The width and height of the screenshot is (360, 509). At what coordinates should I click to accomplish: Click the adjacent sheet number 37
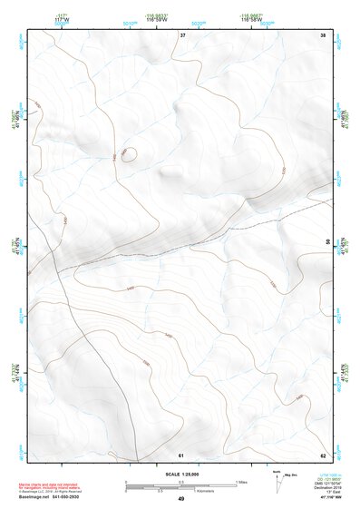click(x=182, y=34)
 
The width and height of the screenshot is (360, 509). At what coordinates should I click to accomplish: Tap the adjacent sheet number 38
click(x=322, y=34)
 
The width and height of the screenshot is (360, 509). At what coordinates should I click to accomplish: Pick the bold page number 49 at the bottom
click(x=180, y=499)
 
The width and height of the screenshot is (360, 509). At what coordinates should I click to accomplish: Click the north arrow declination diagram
click(x=277, y=480)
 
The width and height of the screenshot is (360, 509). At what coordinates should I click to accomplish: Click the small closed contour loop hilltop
click(x=129, y=154)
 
